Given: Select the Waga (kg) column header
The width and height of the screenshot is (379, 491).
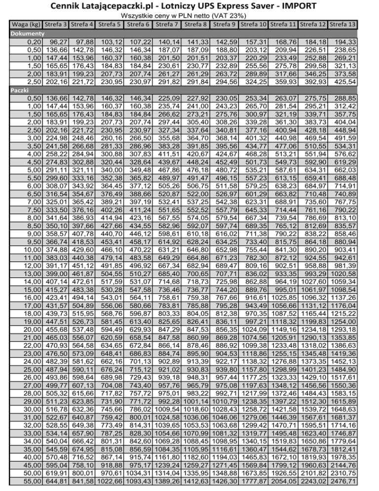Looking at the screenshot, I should pos(25,24).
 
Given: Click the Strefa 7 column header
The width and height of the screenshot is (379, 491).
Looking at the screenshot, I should pos(167,24).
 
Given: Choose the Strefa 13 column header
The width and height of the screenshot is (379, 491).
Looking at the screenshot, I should pos(342,24).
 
